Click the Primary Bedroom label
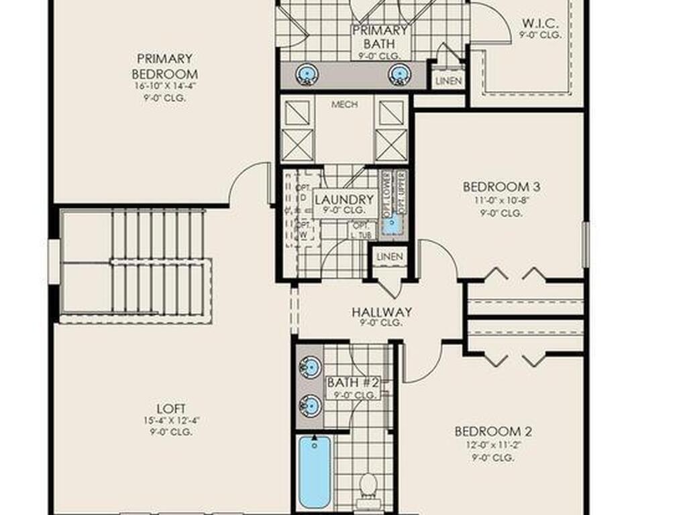pos(164,66)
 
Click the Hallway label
pos(381,312)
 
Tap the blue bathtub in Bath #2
pos(314,471)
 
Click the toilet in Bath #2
pos(368,484)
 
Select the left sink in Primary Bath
pos(307,73)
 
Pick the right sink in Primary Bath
pos(399,73)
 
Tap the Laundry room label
pos(343,200)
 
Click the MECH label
pos(344,105)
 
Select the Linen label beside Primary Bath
pos(448,81)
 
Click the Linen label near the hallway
pos(390,257)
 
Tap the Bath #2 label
pos(354,383)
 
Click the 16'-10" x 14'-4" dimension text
pos(164,85)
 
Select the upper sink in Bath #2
pos(310,367)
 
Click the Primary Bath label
pos(380,36)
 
